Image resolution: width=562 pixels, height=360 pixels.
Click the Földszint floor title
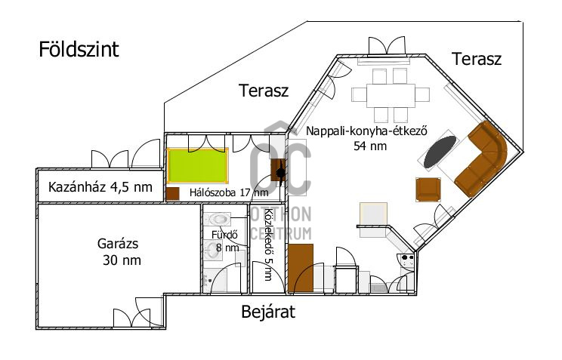pos(79,49)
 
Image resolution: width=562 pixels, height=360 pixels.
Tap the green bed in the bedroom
pos(197,165)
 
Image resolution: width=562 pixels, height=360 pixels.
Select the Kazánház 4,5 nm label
pos(100,187)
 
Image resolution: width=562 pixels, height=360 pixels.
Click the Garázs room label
pos(118,244)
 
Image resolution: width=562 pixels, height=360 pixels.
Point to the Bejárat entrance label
pos(268,311)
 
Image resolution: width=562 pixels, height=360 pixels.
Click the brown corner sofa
pos(481,158)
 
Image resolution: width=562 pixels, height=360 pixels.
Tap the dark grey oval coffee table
pos(440,152)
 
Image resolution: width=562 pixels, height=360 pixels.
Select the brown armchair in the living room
pos(428,189)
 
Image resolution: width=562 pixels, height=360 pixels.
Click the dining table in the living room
pos(391,96)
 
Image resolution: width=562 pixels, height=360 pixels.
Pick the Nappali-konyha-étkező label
pos(366,131)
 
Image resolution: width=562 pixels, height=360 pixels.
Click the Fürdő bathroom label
pos(225,235)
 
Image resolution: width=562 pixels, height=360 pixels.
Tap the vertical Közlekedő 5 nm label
pos(268,245)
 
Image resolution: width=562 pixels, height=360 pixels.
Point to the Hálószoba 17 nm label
pos(229,192)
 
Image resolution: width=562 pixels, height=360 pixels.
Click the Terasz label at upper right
pos(477,59)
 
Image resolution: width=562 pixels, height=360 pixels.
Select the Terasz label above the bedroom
pos(264,91)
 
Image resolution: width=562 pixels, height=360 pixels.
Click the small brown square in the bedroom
pos(173,194)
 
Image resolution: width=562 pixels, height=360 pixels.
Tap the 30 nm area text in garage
pos(122,260)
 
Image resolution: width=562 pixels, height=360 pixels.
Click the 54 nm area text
pos(370,146)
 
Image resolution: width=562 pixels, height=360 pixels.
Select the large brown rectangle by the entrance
pos(301,268)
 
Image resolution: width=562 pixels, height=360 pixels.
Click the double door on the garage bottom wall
pos(131,318)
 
